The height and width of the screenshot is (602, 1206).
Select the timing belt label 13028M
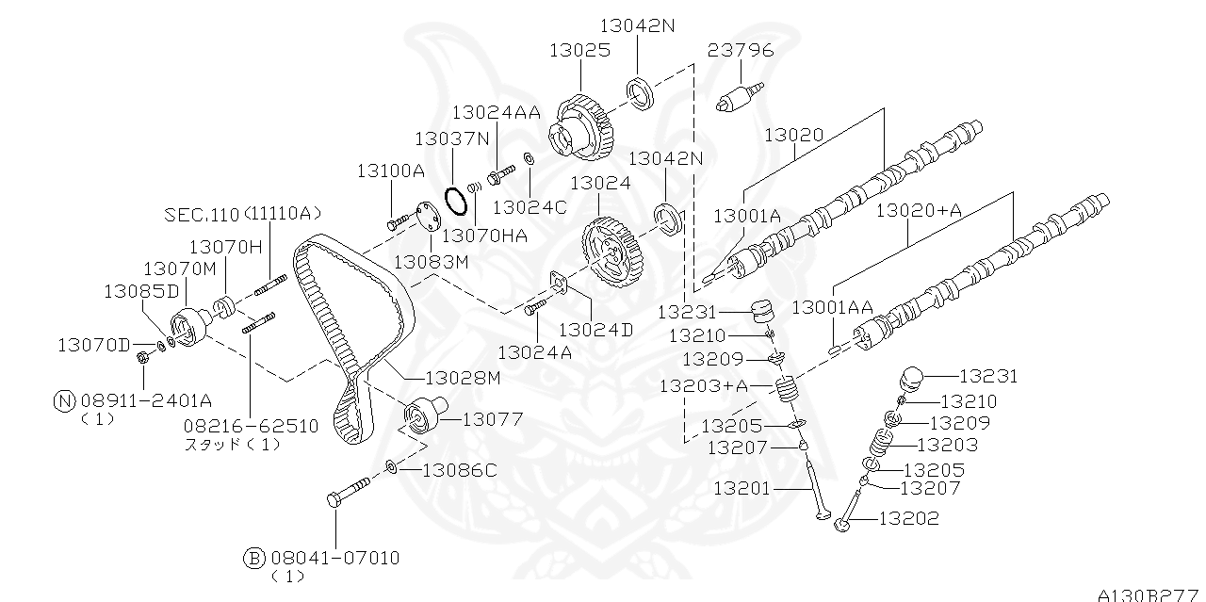tap(463, 378)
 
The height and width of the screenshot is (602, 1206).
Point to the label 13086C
tap(459, 469)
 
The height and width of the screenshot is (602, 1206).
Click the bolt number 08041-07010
tap(334, 558)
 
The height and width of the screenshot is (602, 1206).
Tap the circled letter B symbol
tap(254, 558)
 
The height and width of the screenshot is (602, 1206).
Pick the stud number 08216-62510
tap(252, 426)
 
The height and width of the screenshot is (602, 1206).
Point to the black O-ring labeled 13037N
tap(456, 201)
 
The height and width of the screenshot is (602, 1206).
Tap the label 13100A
tap(390, 171)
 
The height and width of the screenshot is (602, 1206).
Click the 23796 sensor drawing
tap(739, 98)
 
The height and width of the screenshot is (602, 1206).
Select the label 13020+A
tap(919, 211)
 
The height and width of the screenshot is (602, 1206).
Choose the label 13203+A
tap(703, 385)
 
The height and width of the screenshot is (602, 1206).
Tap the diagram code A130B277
tap(1149, 594)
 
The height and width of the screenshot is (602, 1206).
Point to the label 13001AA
tap(832, 307)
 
